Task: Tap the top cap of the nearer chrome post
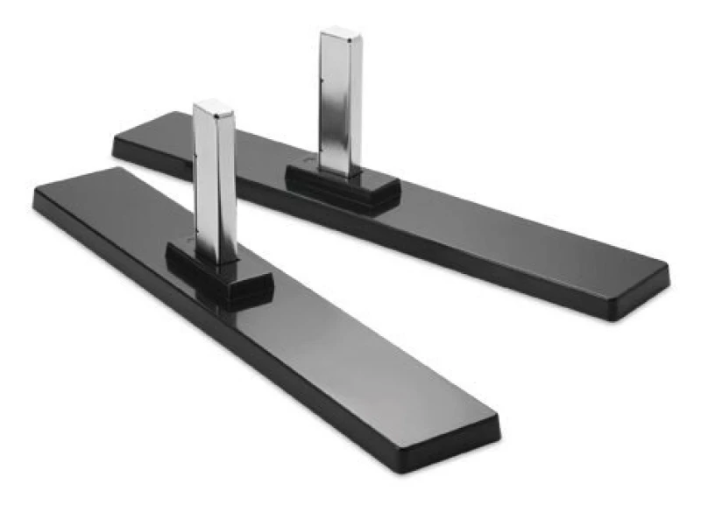click(214, 108)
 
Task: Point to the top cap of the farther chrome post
click(341, 34)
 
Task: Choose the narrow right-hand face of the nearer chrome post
click(229, 184)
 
